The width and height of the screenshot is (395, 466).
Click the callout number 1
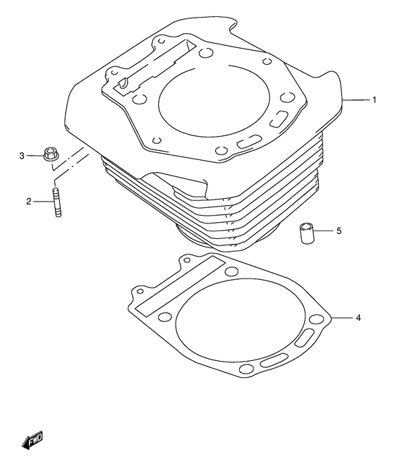[x=374, y=101]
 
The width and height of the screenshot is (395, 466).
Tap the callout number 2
[x=30, y=202]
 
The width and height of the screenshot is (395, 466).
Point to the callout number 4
[x=358, y=319]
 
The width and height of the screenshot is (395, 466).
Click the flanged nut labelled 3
[x=50, y=154]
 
